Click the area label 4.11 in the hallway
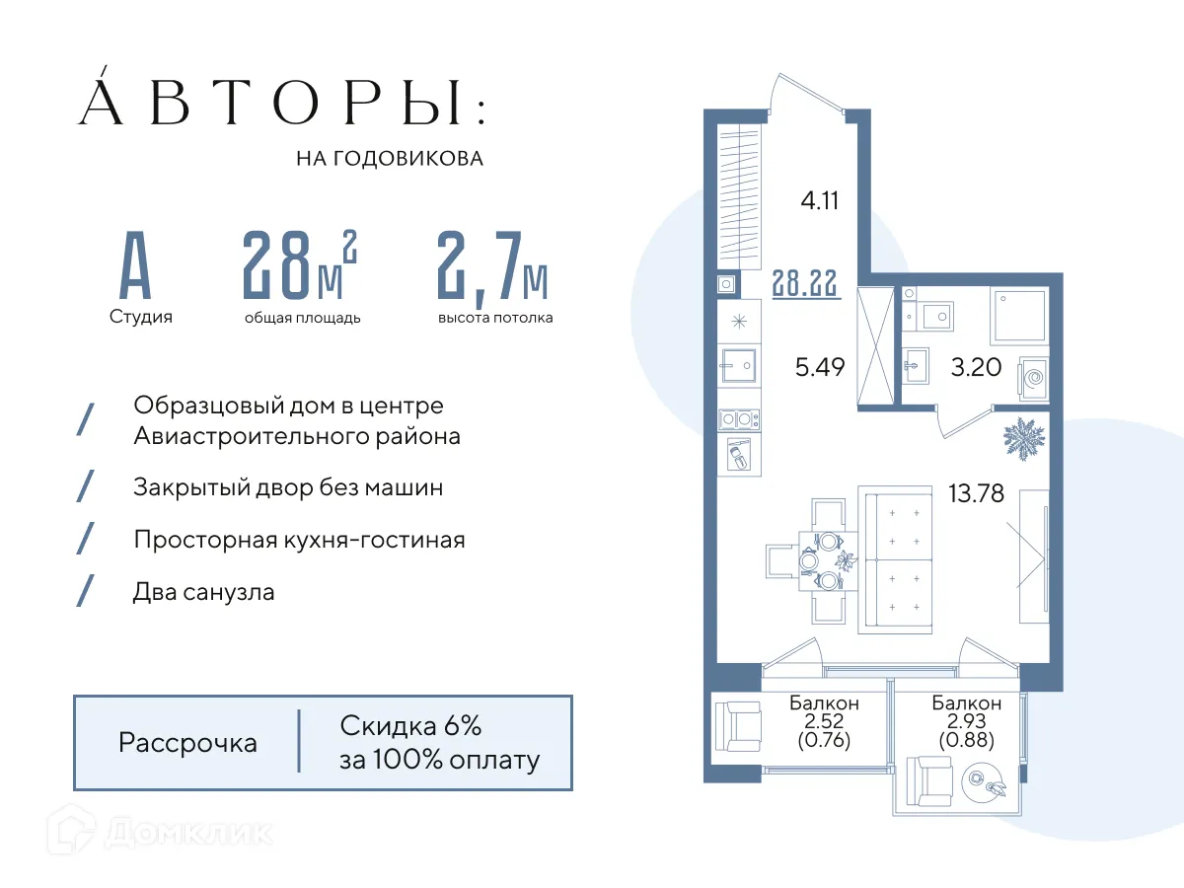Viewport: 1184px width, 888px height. coord(819,201)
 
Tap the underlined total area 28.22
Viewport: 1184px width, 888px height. coord(806,284)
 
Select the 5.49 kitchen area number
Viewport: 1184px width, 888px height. coord(821,368)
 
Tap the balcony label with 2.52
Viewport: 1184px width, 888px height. coord(824,721)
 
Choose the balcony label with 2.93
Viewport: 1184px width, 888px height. coord(967,721)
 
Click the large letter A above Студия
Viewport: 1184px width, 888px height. coord(135,267)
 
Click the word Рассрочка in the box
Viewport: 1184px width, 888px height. coord(187,742)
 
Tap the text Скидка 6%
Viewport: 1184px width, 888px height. coord(410,727)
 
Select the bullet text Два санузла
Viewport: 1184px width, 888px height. coord(204,592)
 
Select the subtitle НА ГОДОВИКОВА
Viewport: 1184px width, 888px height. coord(390,158)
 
